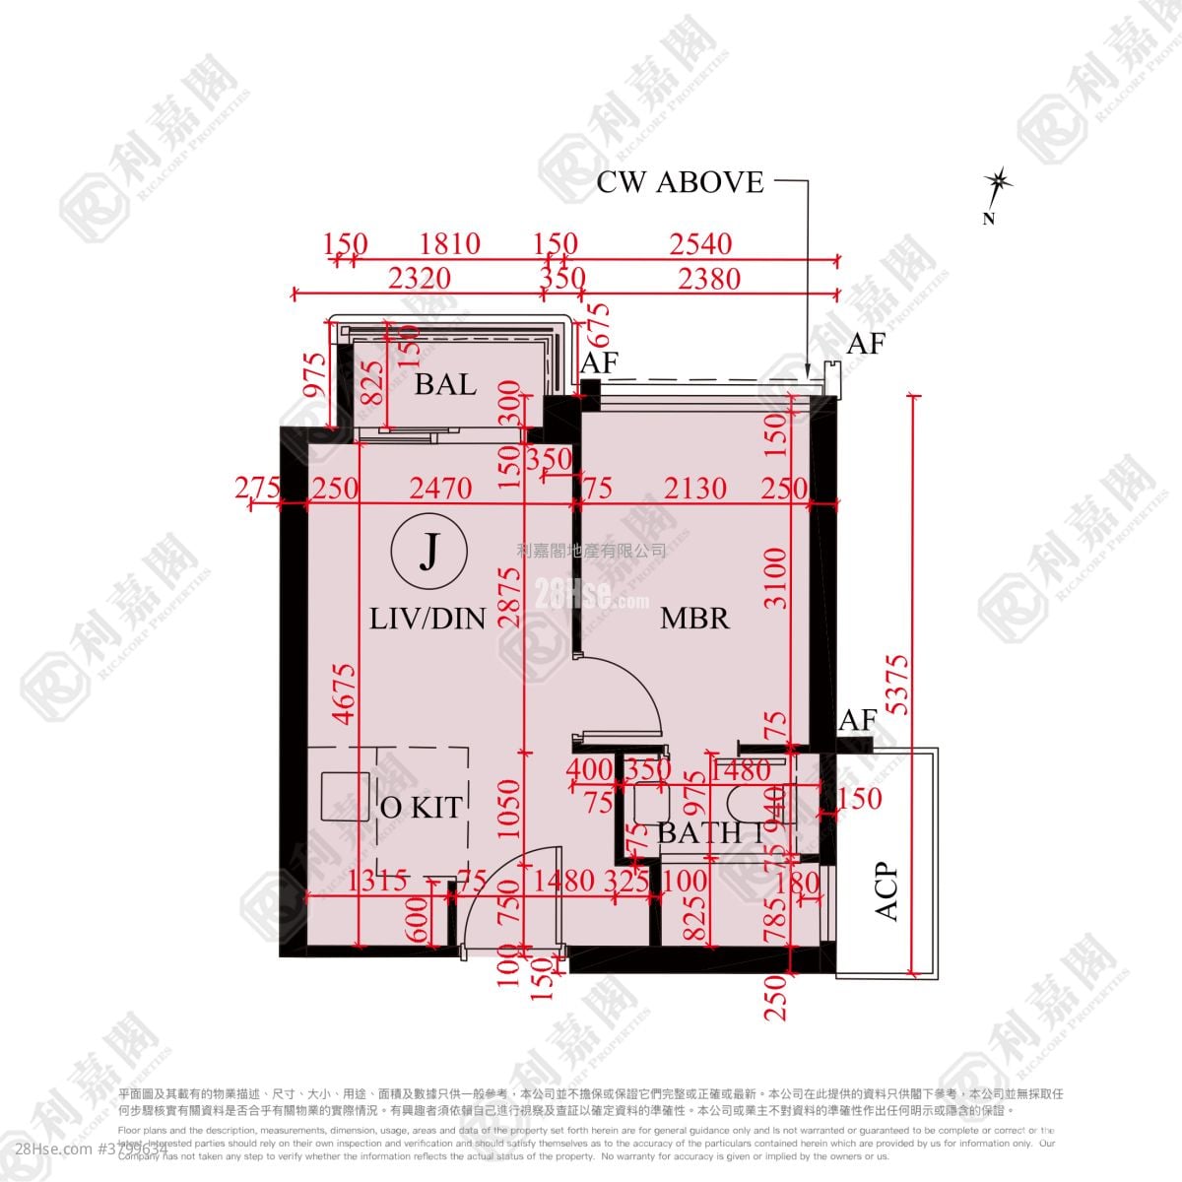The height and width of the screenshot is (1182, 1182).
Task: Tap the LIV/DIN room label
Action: [427, 619]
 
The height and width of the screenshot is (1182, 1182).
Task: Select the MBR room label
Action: [694, 619]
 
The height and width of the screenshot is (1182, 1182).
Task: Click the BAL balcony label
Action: [445, 384]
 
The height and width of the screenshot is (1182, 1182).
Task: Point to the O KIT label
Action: [421, 808]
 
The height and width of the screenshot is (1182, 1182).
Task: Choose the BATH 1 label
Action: [710, 833]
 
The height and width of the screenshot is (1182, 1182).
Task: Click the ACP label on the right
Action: [886, 891]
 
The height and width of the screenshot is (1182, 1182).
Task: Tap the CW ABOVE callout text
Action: [680, 182]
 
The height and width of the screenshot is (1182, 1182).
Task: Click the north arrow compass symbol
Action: [999, 183]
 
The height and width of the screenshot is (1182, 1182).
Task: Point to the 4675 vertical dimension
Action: [344, 694]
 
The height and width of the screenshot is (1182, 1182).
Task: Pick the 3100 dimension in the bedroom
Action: [776, 578]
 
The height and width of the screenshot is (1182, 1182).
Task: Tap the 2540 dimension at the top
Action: [700, 243]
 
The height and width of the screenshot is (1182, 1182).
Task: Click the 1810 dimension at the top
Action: [449, 243]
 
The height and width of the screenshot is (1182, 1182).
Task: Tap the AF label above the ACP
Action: [857, 721]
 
